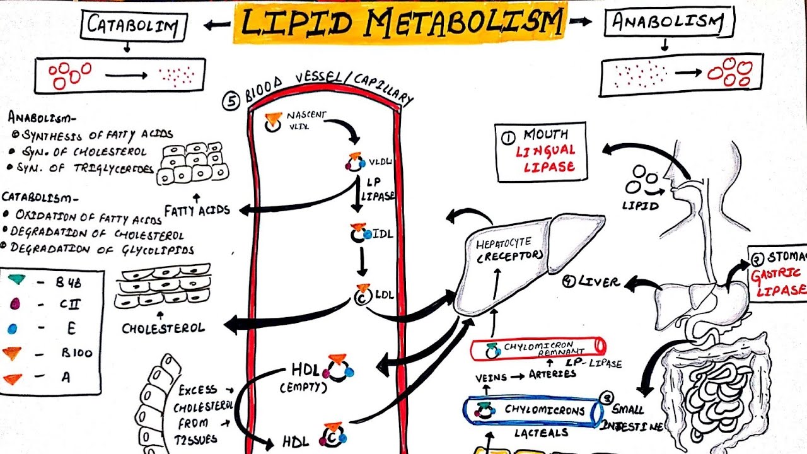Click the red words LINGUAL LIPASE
[546, 159]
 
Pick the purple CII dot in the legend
[16, 303]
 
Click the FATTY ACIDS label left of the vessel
[197, 209]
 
